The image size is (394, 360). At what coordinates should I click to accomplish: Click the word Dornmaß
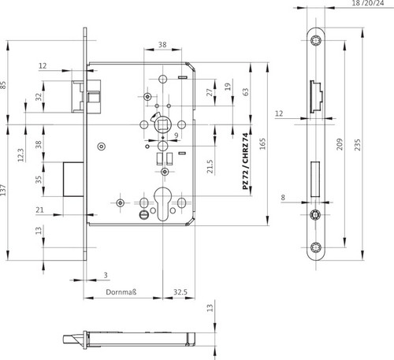121,292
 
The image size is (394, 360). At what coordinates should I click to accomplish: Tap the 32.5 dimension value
180,292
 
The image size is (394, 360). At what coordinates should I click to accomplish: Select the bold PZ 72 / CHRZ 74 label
245,161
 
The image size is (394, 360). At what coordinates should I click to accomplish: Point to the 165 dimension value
262,144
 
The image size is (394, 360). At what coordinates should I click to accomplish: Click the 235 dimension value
358,145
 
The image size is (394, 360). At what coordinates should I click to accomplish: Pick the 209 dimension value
340,144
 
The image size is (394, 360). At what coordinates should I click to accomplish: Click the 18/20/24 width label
368,3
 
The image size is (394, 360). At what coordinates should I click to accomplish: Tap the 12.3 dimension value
20,155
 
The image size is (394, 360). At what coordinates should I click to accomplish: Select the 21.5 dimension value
210,166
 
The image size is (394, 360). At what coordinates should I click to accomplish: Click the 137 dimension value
3,190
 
